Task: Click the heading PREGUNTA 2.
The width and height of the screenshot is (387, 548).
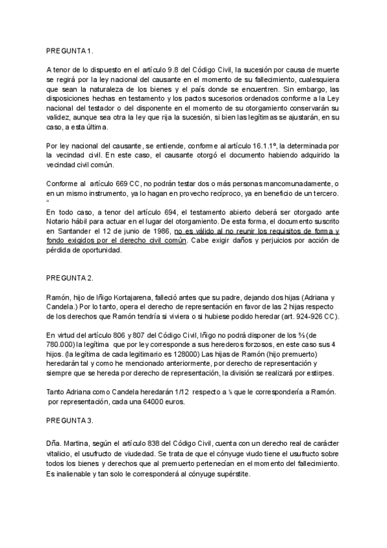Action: coord(70,278)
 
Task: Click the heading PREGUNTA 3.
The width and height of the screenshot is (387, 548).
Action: coord(70,420)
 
